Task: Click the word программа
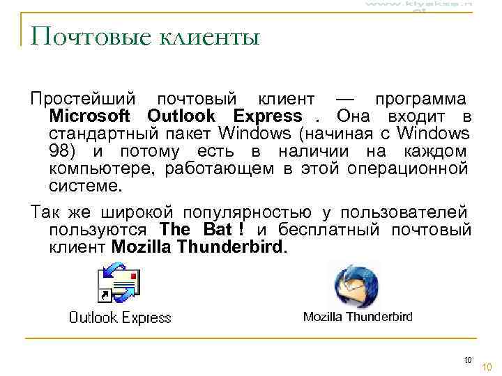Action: [x=421, y=100]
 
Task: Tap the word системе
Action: [x=85, y=186]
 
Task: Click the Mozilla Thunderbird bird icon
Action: [x=356, y=285]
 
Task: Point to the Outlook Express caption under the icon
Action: [x=119, y=318]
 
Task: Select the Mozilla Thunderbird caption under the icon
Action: [x=358, y=317]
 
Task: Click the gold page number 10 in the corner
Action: [x=487, y=367]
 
